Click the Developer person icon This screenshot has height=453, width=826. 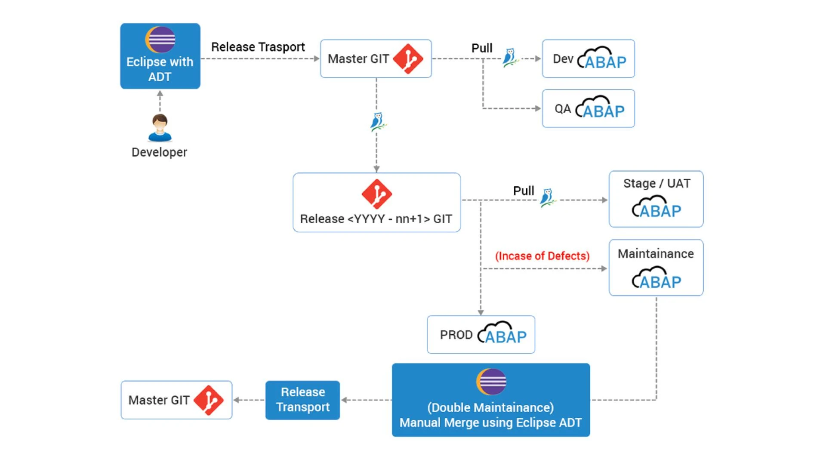click(160, 128)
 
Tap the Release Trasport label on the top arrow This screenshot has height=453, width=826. click(258, 47)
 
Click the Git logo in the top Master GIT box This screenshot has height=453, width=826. click(408, 59)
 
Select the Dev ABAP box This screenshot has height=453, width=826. click(588, 59)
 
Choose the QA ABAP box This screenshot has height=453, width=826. click(588, 109)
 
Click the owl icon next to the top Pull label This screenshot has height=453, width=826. click(510, 58)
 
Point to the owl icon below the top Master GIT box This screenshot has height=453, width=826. click(377, 122)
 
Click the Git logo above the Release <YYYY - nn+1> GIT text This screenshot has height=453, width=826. click(376, 194)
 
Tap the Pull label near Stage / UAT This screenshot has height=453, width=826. click(523, 191)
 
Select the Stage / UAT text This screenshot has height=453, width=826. click(656, 184)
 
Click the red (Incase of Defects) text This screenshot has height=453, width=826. click(542, 256)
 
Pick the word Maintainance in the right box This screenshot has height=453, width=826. click(656, 254)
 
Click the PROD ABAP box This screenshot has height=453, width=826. click(481, 335)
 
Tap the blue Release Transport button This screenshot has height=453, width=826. click(302, 400)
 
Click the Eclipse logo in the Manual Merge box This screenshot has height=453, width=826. click(491, 382)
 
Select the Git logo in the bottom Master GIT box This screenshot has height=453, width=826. click(208, 400)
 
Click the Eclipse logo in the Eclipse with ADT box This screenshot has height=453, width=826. click(160, 40)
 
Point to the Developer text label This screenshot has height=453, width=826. click(159, 152)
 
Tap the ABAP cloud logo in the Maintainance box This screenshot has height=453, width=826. click(656, 278)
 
